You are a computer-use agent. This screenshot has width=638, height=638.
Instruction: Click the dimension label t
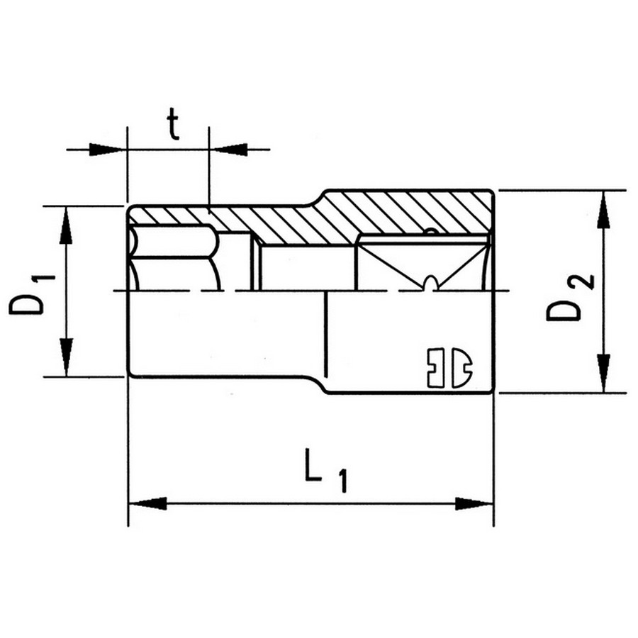pos(172,126)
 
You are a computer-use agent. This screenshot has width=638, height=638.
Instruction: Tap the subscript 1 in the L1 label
pos(342,482)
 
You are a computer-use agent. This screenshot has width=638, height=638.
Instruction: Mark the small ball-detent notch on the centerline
pos(430,284)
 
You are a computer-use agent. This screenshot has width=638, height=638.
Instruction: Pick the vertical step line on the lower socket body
pos(325,333)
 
